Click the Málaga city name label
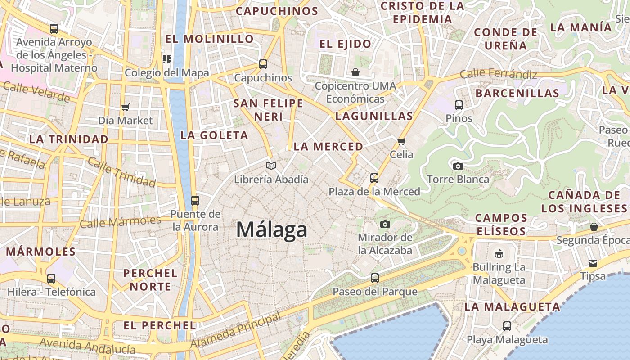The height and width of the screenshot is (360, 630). (x=272, y=230)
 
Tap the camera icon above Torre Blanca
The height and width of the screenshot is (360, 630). (x=458, y=166)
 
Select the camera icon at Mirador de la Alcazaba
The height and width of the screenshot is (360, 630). (x=385, y=224)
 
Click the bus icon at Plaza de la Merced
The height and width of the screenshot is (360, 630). (x=374, y=178)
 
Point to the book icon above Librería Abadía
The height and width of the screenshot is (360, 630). (x=271, y=166)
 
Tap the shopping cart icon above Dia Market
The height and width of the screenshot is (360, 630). (x=126, y=107)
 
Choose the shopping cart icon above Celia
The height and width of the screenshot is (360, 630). (x=401, y=141)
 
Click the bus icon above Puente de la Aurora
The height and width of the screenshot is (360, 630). (x=195, y=201)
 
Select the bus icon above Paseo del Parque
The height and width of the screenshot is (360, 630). (x=374, y=278)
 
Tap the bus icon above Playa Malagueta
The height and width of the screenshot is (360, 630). (x=507, y=326)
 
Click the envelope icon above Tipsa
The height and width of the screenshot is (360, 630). (x=593, y=263)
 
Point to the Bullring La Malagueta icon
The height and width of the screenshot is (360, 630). (x=499, y=254)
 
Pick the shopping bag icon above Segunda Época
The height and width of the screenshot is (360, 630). (x=594, y=227)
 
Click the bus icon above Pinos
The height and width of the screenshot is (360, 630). (x=459, y=105)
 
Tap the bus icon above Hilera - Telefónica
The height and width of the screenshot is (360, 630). (x=51, y=279)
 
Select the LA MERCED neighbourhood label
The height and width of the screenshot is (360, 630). (x=328, y=147)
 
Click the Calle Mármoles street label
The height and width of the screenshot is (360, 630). (x=120, y=221)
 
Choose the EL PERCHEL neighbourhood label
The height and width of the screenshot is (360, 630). (x=159, y=325)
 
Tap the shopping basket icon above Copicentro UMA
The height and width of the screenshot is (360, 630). (x=355, y=72)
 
